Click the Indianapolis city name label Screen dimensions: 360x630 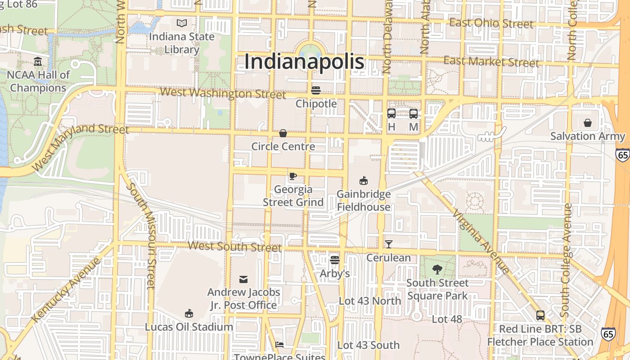point(304,61)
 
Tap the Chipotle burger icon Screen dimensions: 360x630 point(316,90)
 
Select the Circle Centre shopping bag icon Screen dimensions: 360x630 point(283,133)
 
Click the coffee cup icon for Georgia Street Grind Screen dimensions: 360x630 point(293,175)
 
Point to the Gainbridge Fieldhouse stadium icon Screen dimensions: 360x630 point(364,180)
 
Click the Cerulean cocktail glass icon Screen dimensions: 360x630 point(389,244)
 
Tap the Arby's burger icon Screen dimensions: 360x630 point(334,260)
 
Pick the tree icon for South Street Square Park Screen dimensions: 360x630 point(437,270)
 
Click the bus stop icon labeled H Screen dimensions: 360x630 point(391,113)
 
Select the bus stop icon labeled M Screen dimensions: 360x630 point(414,113)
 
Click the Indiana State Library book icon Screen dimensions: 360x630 point(182,23)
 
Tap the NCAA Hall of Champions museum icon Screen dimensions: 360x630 point(38,61)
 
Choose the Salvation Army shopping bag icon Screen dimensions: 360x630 point(588,122)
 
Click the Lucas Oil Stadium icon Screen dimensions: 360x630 point(189,313)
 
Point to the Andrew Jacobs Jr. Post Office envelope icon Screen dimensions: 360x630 point(243,279)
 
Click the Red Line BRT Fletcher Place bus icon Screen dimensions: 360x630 point(540,315)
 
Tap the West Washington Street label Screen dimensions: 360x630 point(223,93)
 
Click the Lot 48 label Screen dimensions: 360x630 point(447,319)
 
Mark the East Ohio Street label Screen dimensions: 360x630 point(491,23)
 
